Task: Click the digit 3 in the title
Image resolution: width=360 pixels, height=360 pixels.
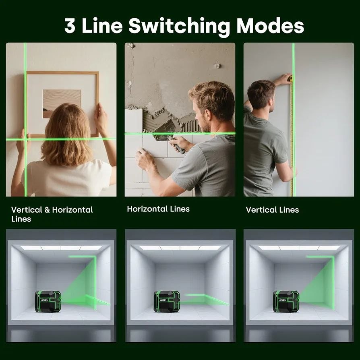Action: click(x=70, y=25)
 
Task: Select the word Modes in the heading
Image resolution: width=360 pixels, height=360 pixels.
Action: click(x=270, y=25)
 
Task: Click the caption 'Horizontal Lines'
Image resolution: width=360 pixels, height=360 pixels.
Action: click(x=158, y=209)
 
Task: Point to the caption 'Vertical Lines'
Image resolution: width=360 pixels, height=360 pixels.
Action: click(x=272, y=210)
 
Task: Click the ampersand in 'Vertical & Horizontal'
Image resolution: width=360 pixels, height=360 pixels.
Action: click(x=47, y=210)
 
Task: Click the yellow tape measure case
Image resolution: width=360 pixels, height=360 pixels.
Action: click(x=290, y=79)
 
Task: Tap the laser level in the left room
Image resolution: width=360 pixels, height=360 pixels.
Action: click(x=48, y=302)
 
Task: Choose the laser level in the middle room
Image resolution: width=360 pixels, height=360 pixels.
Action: click(x=167, y=302)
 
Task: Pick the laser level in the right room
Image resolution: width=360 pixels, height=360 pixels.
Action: click(x=286, y=302)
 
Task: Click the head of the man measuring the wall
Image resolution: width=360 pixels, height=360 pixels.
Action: click(x=261, y=94)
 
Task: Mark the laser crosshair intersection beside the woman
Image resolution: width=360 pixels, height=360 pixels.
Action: click(x=25, y=139)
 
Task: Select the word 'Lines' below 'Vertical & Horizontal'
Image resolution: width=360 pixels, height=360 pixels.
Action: click(x=21, y=219)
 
